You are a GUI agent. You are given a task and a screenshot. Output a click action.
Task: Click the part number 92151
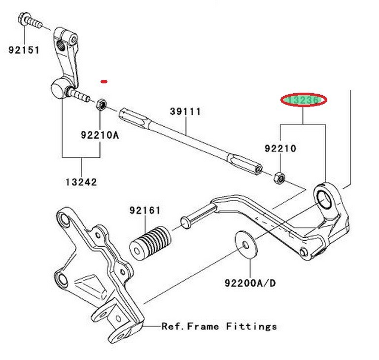24,49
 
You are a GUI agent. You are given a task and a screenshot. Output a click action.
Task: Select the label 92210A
100,135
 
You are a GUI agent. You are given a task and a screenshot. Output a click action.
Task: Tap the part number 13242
81,182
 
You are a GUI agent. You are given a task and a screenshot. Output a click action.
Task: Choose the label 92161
145,211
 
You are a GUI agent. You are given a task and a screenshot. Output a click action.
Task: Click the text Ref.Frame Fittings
219,326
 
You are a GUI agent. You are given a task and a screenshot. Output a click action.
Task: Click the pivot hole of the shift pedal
325,198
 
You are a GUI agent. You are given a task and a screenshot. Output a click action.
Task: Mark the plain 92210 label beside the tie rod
280,148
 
